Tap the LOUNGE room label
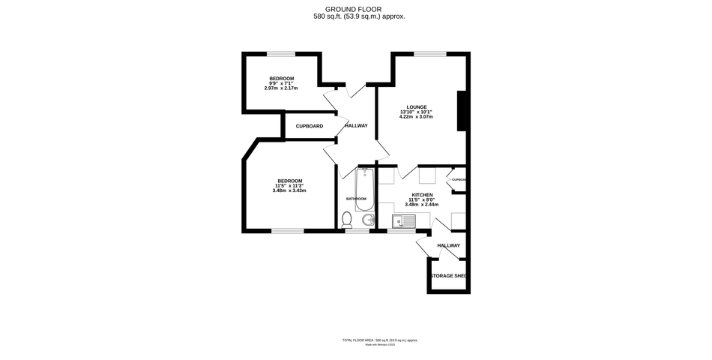point(417,107)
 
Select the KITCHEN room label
point(421,194)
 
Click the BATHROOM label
point(357,199)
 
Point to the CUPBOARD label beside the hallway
point(309,126)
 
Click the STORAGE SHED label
point(448,276)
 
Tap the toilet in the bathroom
point(346,219)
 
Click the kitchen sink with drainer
point(404,220)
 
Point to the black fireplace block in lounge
point(462,112)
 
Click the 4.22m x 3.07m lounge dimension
point(417,116)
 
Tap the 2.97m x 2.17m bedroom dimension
point(281,88)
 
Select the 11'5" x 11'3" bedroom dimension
point(289,185)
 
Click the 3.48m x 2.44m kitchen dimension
point(421,204)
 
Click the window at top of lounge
point(429,52)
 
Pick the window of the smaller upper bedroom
point(281,52)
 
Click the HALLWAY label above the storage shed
point(448,245)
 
